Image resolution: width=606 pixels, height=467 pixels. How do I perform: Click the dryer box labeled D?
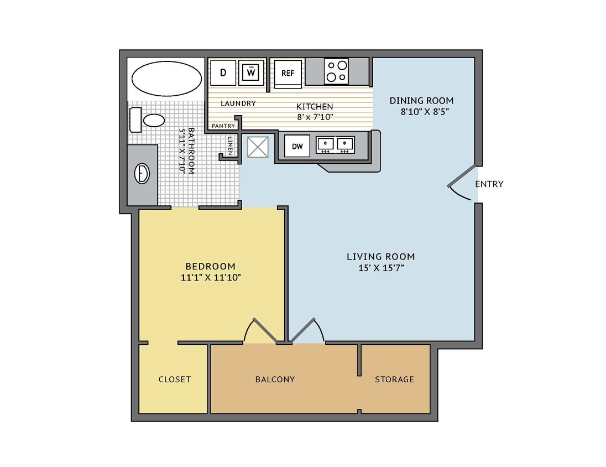[223, 72]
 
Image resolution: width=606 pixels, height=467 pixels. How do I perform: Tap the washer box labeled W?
[251, 72]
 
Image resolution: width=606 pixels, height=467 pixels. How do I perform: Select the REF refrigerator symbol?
[288, 73]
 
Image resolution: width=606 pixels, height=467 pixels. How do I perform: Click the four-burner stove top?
[336, 71]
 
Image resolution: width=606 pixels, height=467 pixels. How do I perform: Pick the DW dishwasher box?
[297, 146]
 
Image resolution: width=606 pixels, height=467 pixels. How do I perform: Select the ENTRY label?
[489, 184]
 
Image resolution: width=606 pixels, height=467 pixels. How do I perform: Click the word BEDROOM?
[210, 266]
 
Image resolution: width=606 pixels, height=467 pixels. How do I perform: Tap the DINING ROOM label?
[421, 101]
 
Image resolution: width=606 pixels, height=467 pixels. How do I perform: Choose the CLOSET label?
[174, 380]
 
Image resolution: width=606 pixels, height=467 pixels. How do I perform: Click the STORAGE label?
[394, 380]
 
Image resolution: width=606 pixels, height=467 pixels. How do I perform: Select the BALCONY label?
[275, 380]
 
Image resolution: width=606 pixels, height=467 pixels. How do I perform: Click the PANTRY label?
[223, 126]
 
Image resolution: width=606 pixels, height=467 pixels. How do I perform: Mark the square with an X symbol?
[258, 147]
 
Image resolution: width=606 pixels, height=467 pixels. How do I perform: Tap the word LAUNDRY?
[238, 103]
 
